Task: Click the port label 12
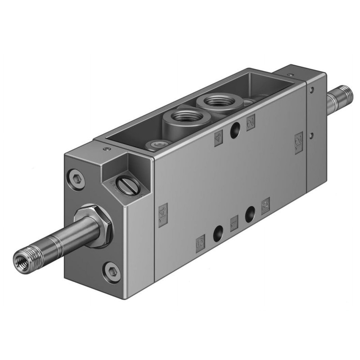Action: (298, 143)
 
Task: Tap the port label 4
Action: (219, 137)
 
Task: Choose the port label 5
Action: (201, 243)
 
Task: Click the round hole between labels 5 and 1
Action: (218, 232)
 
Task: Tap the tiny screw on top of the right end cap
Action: (291, 71)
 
